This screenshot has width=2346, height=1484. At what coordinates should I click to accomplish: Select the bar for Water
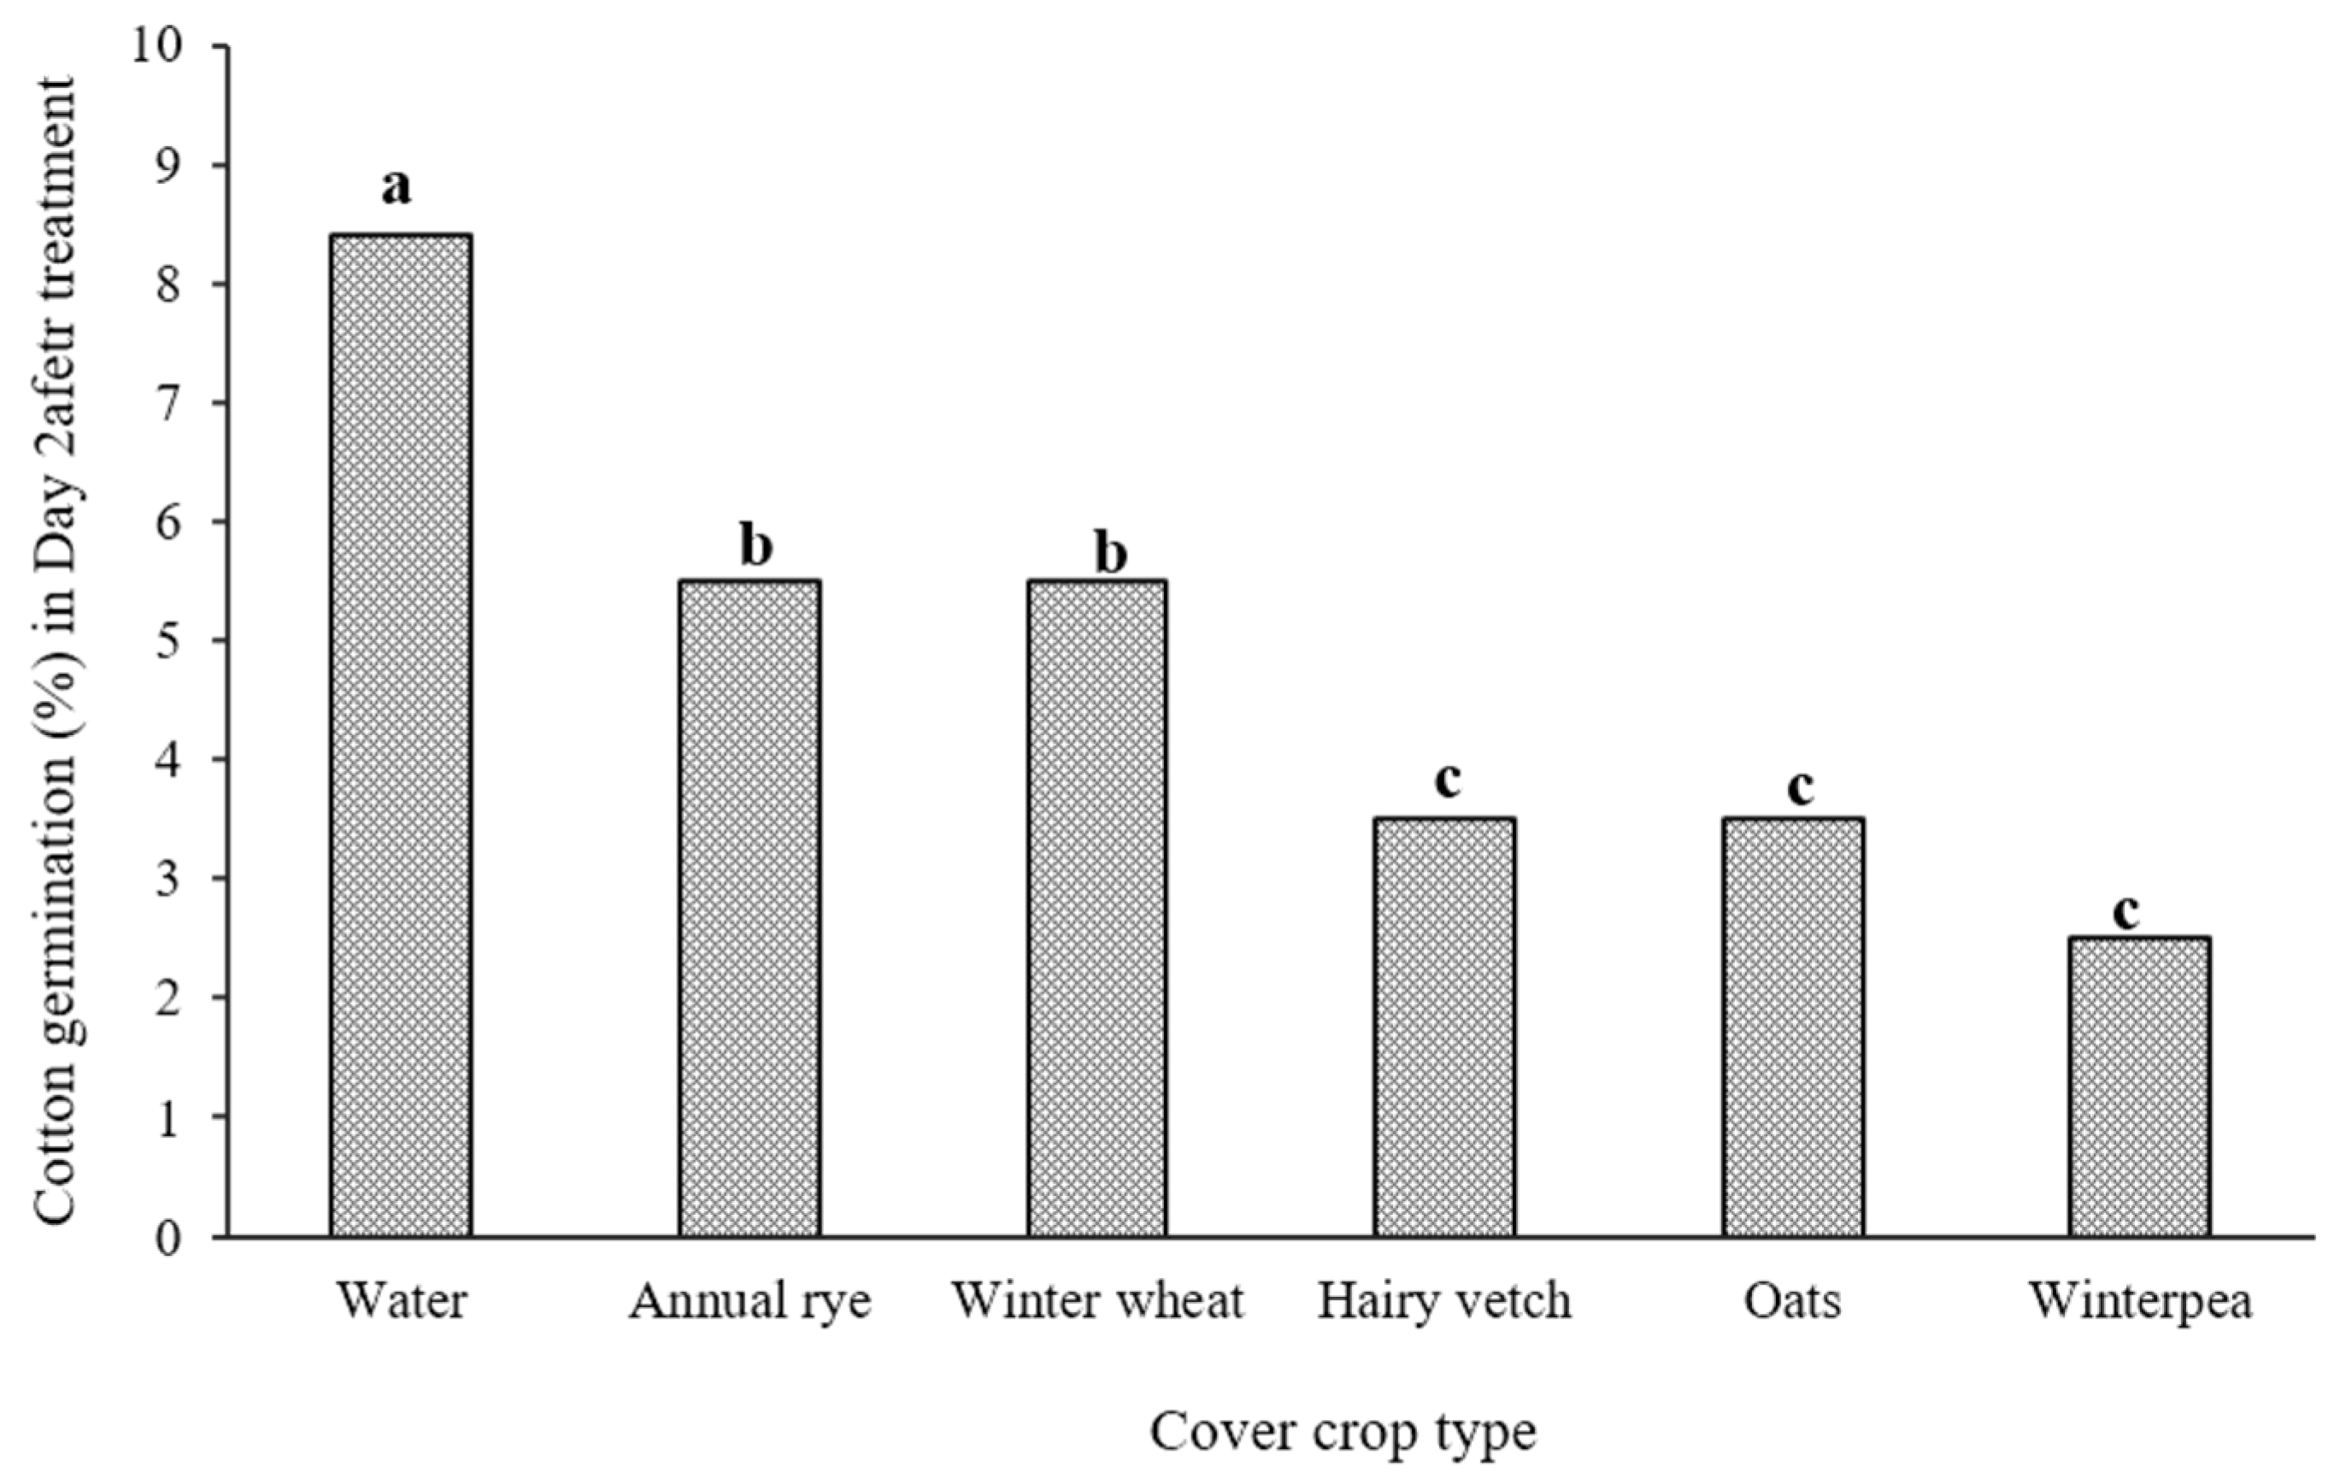pyautogui.click(x=402, y=736)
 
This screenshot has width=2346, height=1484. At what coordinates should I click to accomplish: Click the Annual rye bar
pyautogui.click(x=750, y=908)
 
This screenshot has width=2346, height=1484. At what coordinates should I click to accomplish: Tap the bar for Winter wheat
pyautogui.click(x=1097, y=908)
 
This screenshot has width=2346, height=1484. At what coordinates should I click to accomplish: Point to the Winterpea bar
pyautogui.click(x=2140, y=1086)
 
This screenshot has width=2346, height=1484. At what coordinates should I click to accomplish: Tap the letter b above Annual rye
pyautogui.click(x=756, y=545)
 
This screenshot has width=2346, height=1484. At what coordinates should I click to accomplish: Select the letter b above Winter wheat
pyautogui.click(x=1111, y=552)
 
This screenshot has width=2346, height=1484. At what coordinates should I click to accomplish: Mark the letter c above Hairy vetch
pyautogui.click(x=1448, y=780)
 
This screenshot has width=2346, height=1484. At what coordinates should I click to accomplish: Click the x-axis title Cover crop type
pyautogui.click(x=1343, y=1434)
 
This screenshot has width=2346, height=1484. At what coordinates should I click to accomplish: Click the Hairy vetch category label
pyautogui.click(x=1445, y=1302)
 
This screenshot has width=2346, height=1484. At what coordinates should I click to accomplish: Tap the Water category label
pyautogui.click(x=402, y=1302)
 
